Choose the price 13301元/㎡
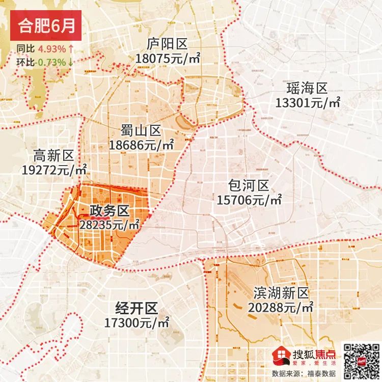(308, 103)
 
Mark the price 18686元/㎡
(141, 145)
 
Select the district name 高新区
(54, 156)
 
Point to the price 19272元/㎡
(54, 170)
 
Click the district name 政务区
(110, 210)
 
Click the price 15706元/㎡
(250, 200)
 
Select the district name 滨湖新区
(281, 293)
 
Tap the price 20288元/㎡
(281, 308)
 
